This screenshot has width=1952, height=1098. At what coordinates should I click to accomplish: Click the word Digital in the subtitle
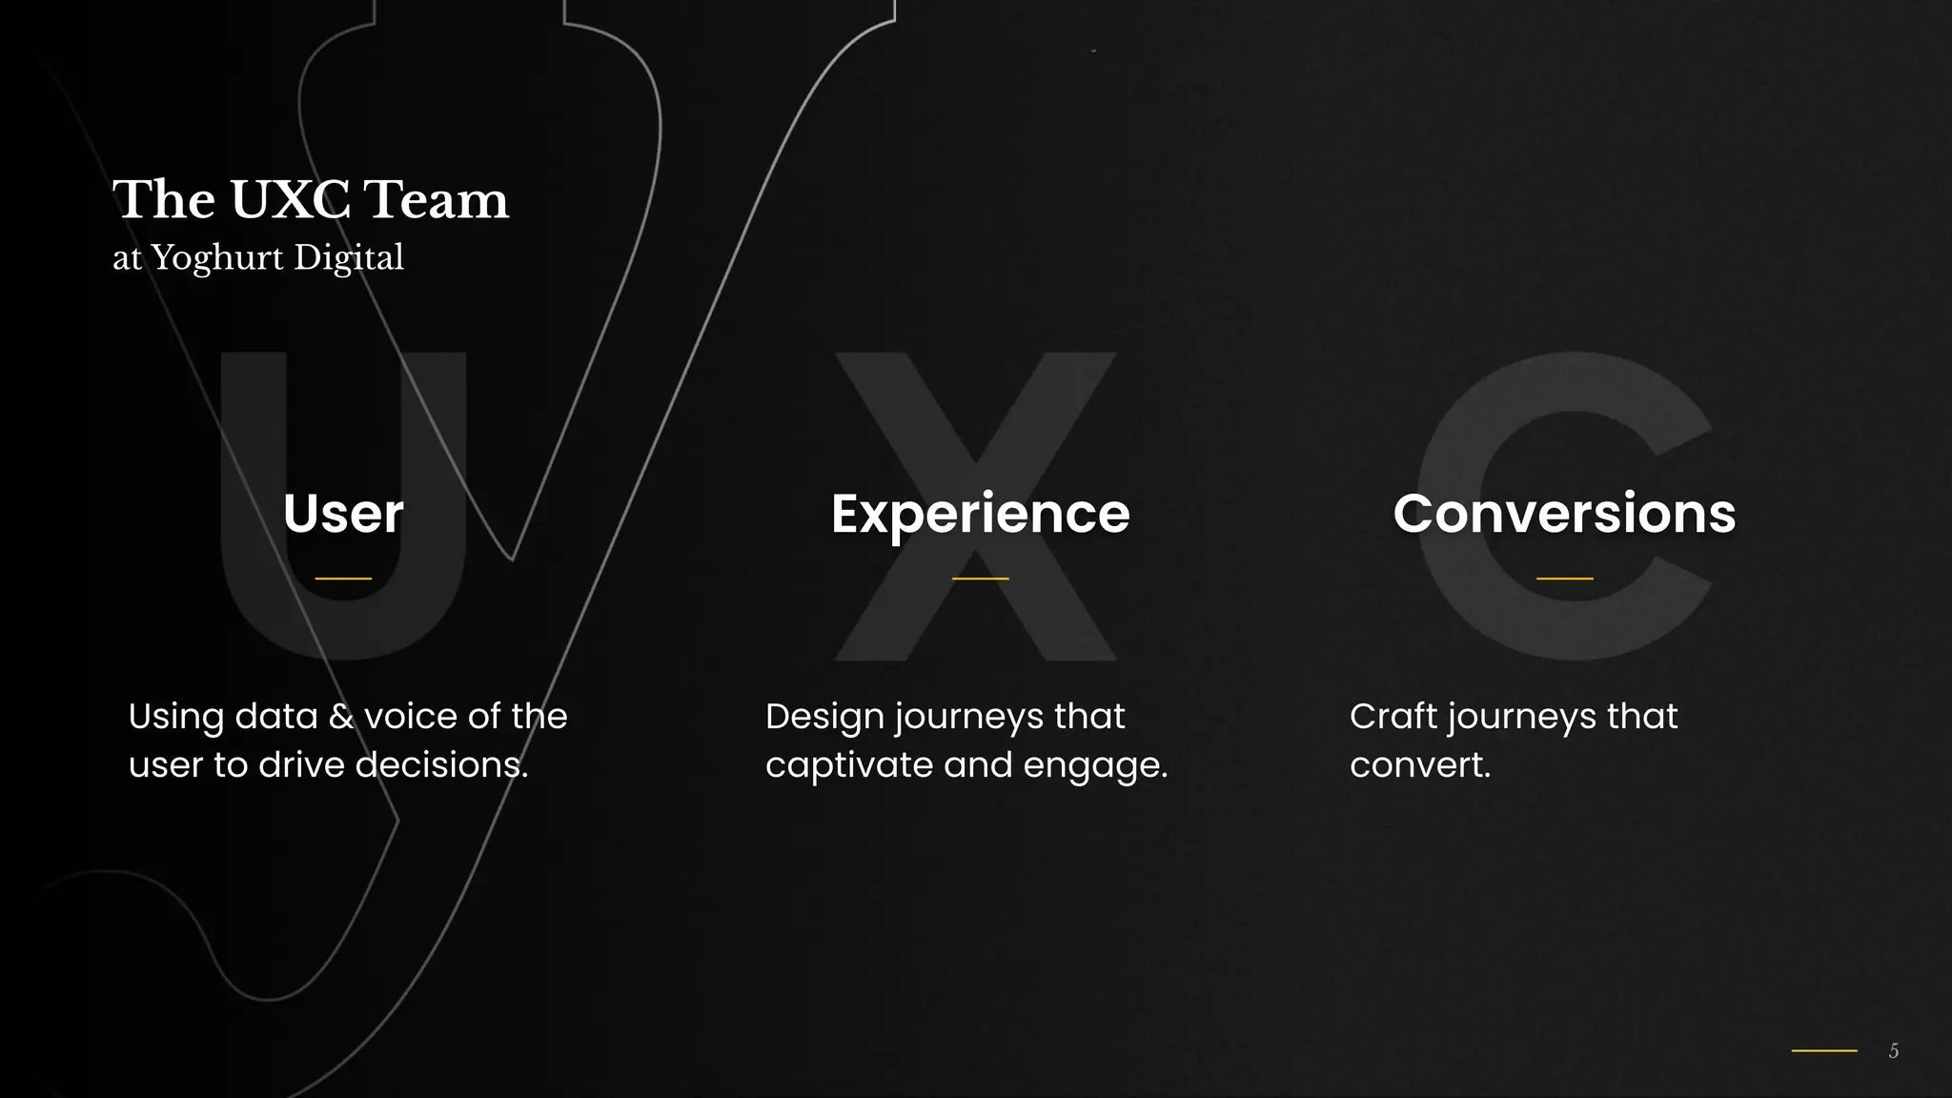pyautogui.click(x=349, y=258)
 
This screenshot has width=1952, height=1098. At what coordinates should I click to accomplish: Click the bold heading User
pyautogui.click(x=343, y=514)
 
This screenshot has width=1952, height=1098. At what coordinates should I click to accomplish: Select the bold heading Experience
pyautogui.click(x=980, y=514)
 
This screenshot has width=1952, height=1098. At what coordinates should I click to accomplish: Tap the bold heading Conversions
pyautogui.click(x=1564, y=514)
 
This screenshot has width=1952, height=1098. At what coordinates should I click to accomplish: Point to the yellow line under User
pyautogui.click(x=343, y=579)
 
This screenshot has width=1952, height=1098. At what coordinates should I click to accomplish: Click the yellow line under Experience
pyautogui.click(x=980, y=579)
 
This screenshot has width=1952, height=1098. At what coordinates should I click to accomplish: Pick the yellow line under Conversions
pyautogui.click(x=1564, y=579)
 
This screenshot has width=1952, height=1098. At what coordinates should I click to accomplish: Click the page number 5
pyautogui.click(x=1894, y=1050)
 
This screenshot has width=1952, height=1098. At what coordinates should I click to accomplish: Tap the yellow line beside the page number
pyautogui.click(x=1824, y=1050)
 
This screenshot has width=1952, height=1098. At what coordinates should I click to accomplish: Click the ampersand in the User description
pyautogui.click(x=340, y=717)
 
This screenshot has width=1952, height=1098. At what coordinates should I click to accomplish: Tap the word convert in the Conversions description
pyautogui.click(x=1418, y=765)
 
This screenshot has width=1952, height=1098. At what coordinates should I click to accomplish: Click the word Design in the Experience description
pyautogui.click(x=824, y=718)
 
